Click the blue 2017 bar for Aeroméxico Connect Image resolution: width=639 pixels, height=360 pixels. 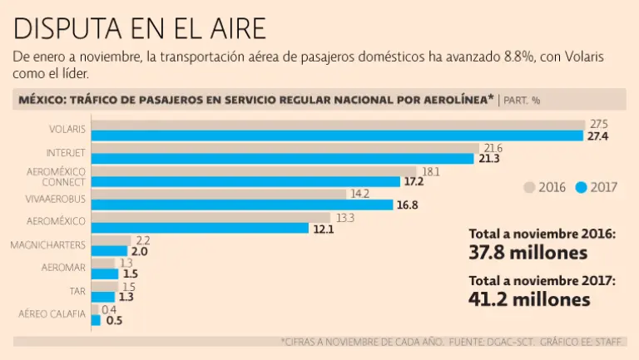pos(245,181)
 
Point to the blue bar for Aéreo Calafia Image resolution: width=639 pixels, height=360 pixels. pos(96,319)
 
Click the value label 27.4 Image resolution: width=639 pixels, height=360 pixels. pos(597,136)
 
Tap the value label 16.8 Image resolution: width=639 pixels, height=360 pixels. pos(408,205)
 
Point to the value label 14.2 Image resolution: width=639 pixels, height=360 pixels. pos(359,194)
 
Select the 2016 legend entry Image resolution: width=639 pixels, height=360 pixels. pos(544,187)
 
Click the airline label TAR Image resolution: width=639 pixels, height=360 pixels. pos(76,291)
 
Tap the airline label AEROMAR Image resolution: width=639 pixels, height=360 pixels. pos(63,268)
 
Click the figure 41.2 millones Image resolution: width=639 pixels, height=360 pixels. pos(529,299)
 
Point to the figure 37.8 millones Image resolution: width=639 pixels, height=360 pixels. pos(529,252)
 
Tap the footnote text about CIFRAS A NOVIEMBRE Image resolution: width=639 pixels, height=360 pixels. pos(453,342)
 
